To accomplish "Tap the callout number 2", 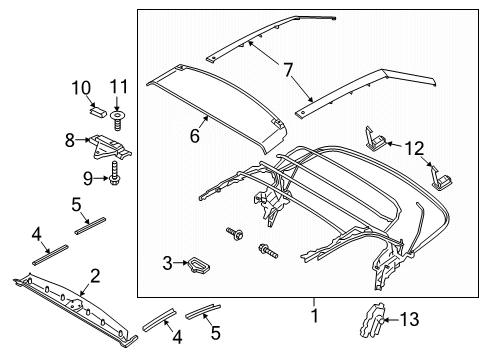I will click(95, 275).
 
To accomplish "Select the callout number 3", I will click(168, 264).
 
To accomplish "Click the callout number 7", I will click(287, 70).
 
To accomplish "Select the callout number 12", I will click(413, 148).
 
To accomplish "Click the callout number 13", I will click(409, 320).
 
